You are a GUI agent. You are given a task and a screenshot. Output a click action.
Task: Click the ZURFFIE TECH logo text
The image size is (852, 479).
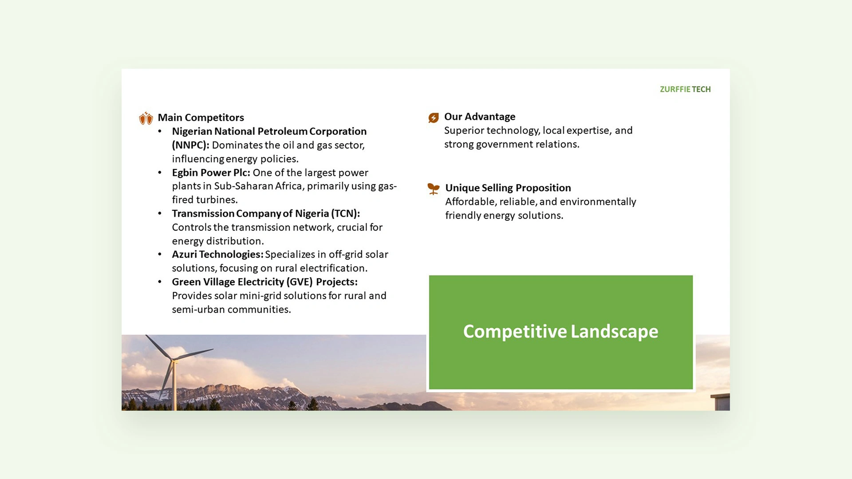pyautogui.click(x=685, y=89)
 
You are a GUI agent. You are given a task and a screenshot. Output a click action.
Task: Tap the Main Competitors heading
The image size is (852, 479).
pyautogui.click(x=201, y=118)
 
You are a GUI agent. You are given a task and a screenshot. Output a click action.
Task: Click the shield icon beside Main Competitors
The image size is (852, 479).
pyautogui.click(x=146, y=118)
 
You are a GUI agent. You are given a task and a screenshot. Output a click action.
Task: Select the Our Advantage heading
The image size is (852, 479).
pyautogui.click(x=480, y=117)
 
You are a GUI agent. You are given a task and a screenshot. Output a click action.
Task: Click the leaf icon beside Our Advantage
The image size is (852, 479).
pyautogui.click(x=434, y=118)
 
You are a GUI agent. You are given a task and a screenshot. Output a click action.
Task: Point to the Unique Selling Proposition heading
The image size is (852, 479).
pyautogui.click(x=508, y=188)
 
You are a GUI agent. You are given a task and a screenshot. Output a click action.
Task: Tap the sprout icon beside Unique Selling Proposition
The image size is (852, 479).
pyautogui.click(x=434, y=189)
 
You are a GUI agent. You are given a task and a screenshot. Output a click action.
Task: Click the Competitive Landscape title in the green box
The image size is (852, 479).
pyautogui.click(x=560, y=331)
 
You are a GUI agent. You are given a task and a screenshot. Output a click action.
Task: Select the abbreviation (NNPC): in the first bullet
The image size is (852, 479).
pyautogui.click(x=190, y=145)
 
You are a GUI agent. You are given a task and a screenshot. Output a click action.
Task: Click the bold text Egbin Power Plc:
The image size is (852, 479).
pyautogui.click(x=211, y=173)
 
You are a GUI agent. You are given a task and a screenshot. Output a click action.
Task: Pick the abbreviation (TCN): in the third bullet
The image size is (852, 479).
pyautogui.click(x=345, y=213)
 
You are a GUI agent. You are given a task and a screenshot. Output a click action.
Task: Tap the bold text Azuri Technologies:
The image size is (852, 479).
pyautogui.click(x=217, y=254)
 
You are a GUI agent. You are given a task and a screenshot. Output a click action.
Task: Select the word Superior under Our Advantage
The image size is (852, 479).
pyautogui.click(x=464, y=131)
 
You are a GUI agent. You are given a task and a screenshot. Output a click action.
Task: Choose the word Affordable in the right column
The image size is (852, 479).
pyautogui.click(x=471, y=202)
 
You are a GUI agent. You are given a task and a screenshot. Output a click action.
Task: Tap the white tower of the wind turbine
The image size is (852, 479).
pyautogui.click(x=174, y=386)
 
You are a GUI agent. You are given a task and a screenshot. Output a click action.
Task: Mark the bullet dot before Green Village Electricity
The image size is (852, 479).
pyautogui.click(x=160, y=282)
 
